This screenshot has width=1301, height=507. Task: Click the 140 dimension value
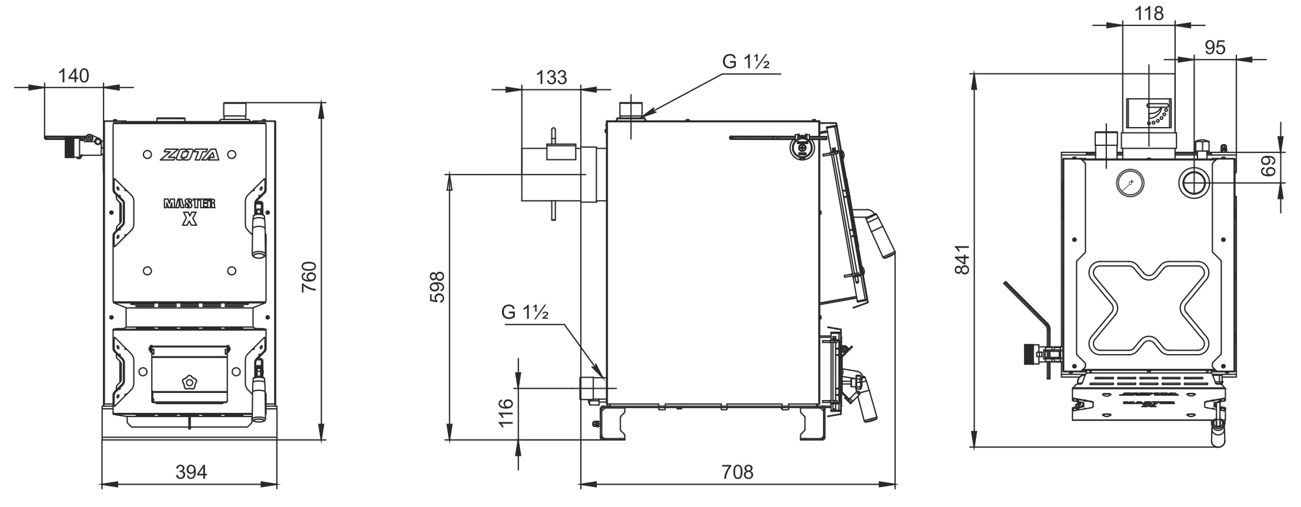tap(73, 76)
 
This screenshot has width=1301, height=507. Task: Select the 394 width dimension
tap(192, 472)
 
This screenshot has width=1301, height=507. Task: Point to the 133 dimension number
tap(551, 77)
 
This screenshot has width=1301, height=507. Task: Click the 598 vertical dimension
tap(437, 286)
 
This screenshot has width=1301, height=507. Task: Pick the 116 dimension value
tap(506, 412)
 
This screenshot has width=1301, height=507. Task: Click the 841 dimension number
tap(962, 259)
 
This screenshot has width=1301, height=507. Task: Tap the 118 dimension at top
tap(1148, 14)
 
